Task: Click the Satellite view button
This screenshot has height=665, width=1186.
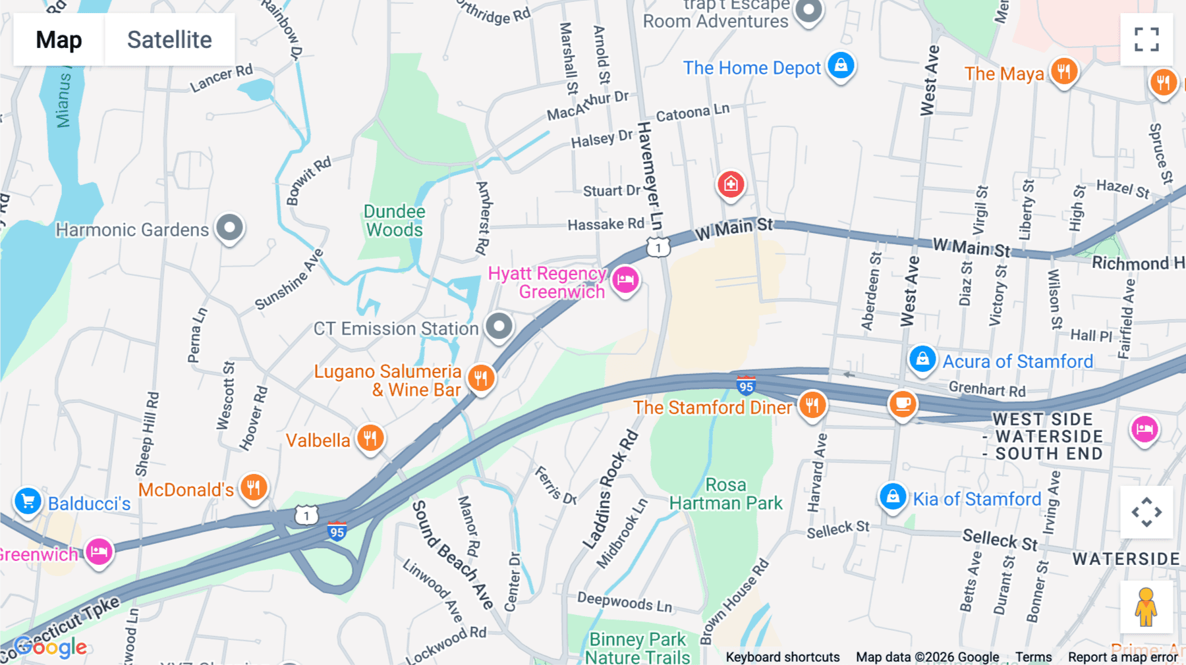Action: pos(169,40)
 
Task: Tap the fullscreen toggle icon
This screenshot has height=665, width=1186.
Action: pos(1146,40)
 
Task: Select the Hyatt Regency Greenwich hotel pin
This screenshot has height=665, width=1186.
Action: pos(625,280)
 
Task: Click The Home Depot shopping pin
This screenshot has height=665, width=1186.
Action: pos(841,66)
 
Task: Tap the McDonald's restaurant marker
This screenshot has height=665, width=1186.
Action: pos(254,488)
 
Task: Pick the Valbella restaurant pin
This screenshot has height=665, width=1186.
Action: pos(370,438)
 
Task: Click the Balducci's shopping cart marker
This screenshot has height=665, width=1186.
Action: pos(28,502)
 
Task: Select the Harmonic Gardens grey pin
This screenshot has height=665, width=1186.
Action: pos(230,228)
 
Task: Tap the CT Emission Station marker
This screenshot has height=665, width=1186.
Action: pos(499,326)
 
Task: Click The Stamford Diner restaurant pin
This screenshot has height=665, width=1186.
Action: pos(812,405)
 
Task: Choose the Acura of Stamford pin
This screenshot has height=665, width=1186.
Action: pos(922,359)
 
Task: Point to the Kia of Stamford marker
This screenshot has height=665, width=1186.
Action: pos(893,496)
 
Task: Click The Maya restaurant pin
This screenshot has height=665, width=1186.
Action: pos(1064,71)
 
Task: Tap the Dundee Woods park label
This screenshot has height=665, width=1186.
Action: pos(394,221)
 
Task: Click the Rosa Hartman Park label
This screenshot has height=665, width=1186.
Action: pos(725,494)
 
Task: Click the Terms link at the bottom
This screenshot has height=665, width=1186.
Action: pos(1033,657)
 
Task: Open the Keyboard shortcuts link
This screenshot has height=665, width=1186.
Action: pos(782,657)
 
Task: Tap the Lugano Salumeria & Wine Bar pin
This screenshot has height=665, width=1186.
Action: pos(481,378)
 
